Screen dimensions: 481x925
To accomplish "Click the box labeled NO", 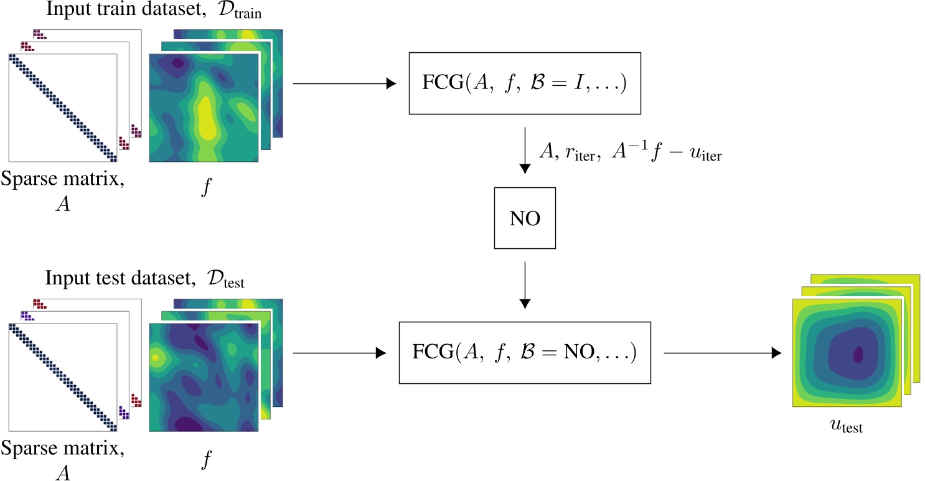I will pyautogui.click(x=524, y=218).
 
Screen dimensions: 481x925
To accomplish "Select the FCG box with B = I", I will pyautogui.click(x=524, y=83).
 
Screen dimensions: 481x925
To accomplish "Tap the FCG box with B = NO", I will pyautogui.click(x=524, y=353).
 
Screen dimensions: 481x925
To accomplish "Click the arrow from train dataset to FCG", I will pyautogui.click(x=344, y=83).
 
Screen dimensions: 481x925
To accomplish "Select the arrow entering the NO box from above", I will pyautogui.click(x=524, y=152).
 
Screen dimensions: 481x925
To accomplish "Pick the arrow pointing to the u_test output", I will pyautogui.click(x=721, y=353).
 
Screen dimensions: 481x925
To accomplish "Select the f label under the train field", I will pyautogui.click(x=205, y=187).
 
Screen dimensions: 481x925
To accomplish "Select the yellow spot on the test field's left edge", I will pyautogui.click(x=157, y=358).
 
